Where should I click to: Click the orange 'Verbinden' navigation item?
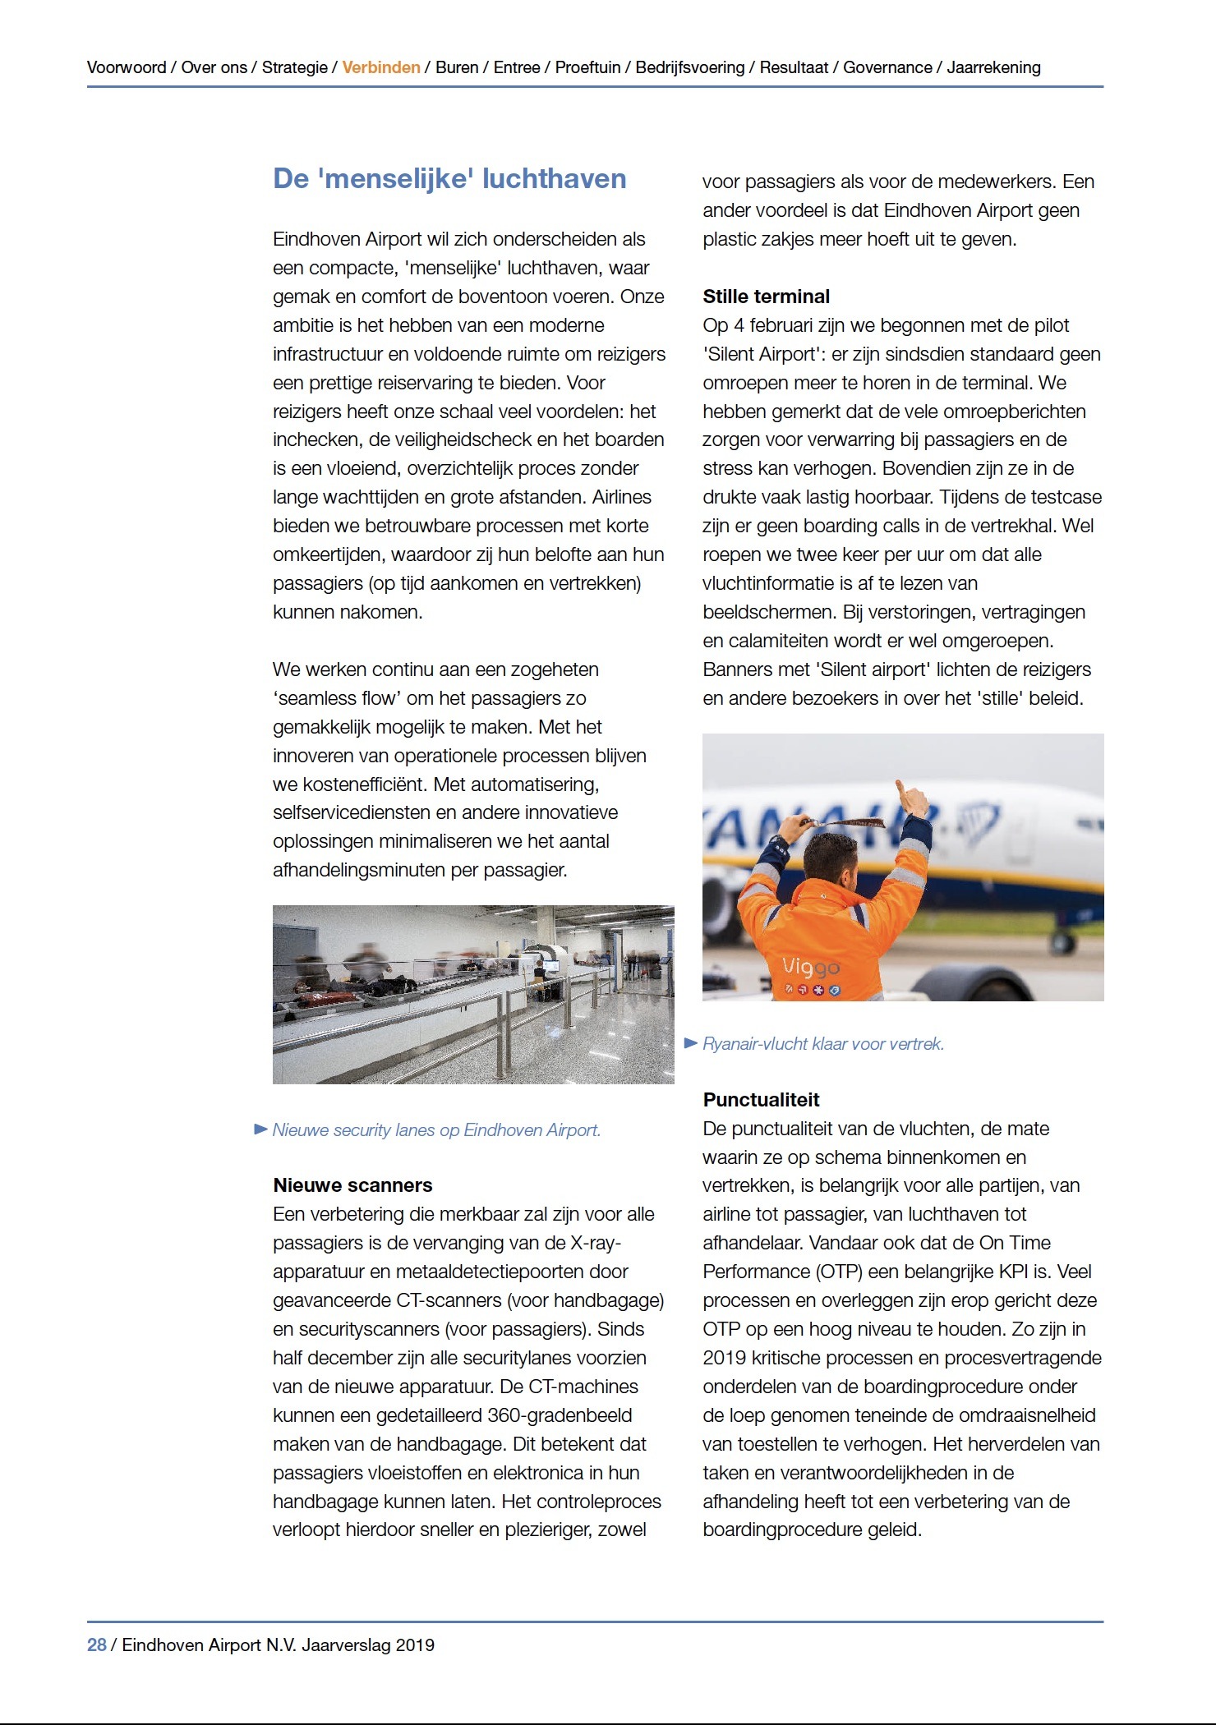pyautogui.click(x=381, y=67)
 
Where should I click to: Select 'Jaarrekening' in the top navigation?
pyautogui.click(x=993, y=67)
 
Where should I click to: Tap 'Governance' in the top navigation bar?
pyautogui.click(x=887, y=67)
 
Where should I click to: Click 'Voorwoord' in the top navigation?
pyautogui.click(x=127, y=67)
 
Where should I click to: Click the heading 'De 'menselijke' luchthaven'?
pyautogui.click(x=449, y=179)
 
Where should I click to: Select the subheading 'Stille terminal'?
pyautogui.click(x=766, y=297)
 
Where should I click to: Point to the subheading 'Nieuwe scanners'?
pyautogui.click(x=352, y=1185)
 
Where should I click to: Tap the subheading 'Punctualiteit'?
pyautogui.click(x=761, y=1100)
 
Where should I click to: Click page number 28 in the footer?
pyautogui.click(x=97, y=1644)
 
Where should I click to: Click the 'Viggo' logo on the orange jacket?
pyautogui.click(x=810, y=968)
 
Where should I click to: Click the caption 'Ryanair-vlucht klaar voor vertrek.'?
pyautogui.click(x=823, y=1044)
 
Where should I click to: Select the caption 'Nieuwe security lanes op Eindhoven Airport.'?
pyautogui.click(x=436, y=1130)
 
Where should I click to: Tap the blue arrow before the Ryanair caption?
pyautogui.click(x=691, y=1043)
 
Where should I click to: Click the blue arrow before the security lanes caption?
pyautogui.click(x=261, y=1129)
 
